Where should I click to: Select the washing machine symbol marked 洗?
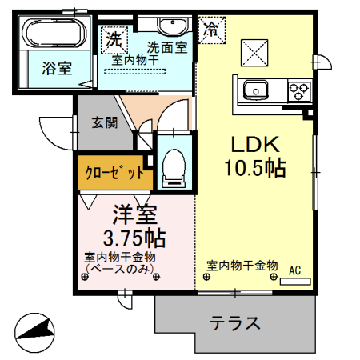point(114,38)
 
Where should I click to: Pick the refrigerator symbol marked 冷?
point(212,30)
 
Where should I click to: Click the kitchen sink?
point(258,89)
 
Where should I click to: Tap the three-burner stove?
point(299,89)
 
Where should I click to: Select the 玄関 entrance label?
point(103,122)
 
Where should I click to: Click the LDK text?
point(255,145)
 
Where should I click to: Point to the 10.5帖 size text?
point(255,170)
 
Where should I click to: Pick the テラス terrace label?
point(235,324)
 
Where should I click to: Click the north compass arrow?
point(36,330)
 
